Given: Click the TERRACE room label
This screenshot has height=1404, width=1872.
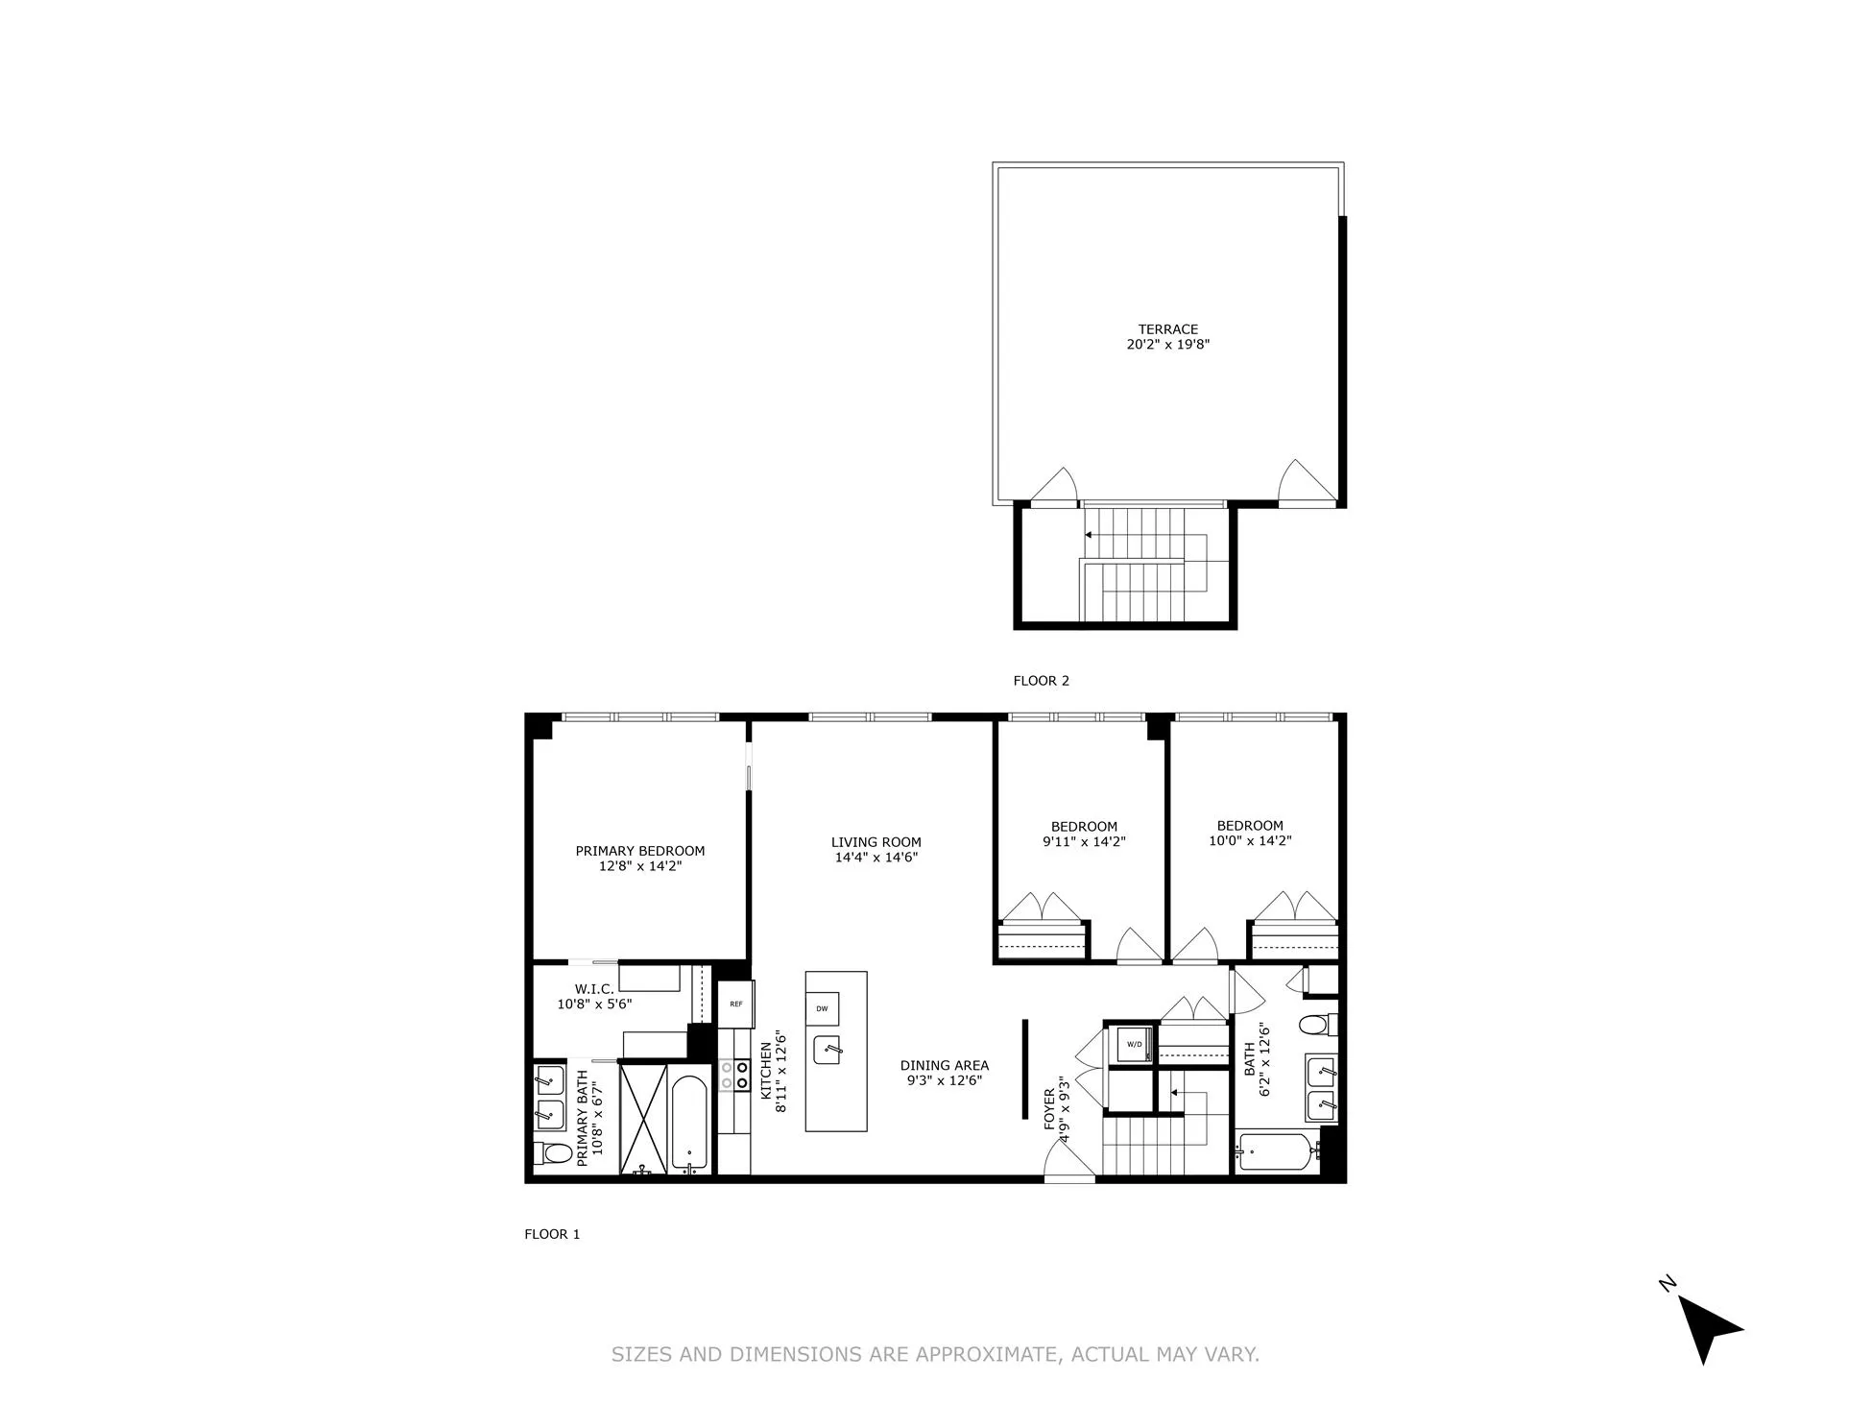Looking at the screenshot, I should [x=1167, y=329].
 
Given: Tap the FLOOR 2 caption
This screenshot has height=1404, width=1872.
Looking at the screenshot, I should [x=1041, y=681].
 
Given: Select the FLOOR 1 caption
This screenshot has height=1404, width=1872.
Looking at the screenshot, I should [x=552, y=1234].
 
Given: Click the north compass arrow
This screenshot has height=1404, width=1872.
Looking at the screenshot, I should [x=1708, y=1329].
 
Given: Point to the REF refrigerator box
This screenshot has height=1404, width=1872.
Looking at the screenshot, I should [x=736, y=1004].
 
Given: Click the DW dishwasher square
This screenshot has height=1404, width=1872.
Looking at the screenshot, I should [x=822, y=1008].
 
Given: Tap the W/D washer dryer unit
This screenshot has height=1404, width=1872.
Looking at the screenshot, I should [x=1134, y=1044].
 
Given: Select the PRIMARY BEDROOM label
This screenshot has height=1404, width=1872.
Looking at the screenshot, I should [x=639, y=851].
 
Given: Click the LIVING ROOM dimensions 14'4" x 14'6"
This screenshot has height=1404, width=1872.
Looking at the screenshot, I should [x=876, y=858].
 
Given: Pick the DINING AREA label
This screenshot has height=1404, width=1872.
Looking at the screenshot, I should [x=944, y=1065].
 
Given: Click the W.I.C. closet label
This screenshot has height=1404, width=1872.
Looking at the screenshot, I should [x=594, y=989].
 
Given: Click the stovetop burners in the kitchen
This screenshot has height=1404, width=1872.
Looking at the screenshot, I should [x=734, y=1075].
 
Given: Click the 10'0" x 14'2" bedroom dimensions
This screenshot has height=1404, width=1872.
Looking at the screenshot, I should [x=1249, y=841].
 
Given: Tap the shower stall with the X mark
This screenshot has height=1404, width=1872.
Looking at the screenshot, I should [x=643, y=1117].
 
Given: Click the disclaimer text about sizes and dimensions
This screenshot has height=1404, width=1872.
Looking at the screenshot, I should [x=935, y=1354].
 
